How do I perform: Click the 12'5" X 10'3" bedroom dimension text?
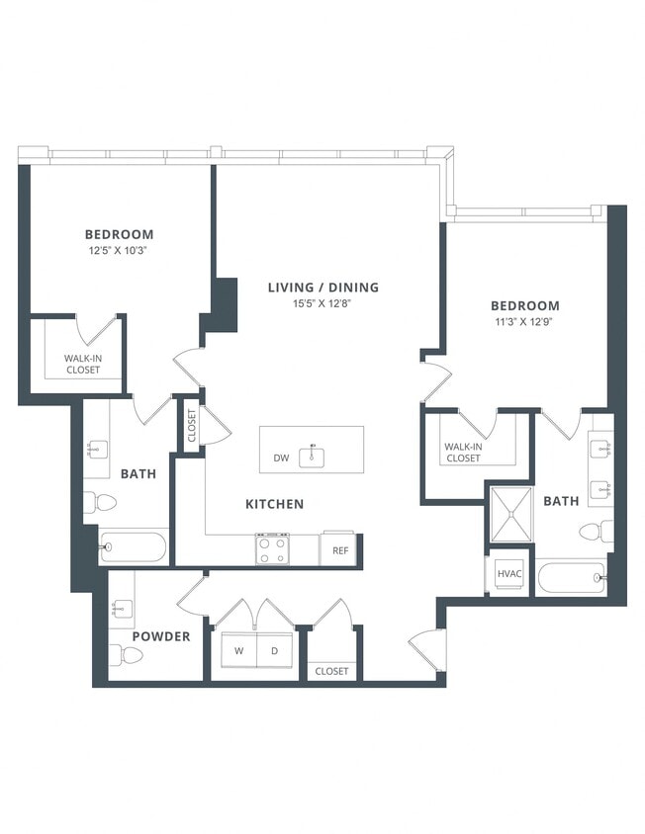[x=119, y=251]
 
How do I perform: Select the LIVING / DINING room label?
[x=322, y=288]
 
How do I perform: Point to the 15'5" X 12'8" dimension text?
[x=322, y=304]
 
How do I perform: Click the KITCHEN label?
[x=274, y=504]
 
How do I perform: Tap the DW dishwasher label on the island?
[x=281, y=458]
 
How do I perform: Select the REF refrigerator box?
[x=339, y=550]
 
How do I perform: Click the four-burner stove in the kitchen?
[x=273, y=548]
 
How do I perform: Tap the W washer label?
[x=238, y=651]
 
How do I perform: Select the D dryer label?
[x=276, y=651]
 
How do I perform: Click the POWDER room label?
[x=161, y=636]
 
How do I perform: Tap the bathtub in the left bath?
[x=134, y=546]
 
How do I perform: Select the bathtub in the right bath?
[x=571, y=577]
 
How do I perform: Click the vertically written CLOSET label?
[x=191, y=426]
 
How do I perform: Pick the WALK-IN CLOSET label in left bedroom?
[x=83, y=364]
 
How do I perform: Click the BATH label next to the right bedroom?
[x=561, y=501]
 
